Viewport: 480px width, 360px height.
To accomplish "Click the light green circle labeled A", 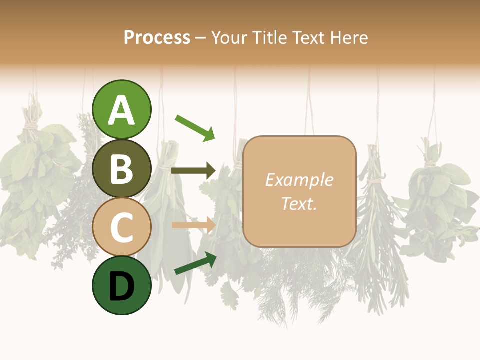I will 121,109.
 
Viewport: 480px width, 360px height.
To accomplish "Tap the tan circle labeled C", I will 121,227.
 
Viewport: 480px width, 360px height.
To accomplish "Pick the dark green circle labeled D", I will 121,285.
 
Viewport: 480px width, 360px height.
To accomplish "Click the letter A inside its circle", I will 121,110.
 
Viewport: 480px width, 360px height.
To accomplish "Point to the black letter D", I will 121,286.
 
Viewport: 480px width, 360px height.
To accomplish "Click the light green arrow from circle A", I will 195,127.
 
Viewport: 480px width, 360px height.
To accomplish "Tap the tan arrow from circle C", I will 193,225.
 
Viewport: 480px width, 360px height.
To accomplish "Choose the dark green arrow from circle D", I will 195,263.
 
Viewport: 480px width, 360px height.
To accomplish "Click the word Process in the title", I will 157,38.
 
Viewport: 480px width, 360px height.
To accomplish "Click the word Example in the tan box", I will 299,180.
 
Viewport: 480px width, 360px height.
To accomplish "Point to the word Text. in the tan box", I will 299,204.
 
